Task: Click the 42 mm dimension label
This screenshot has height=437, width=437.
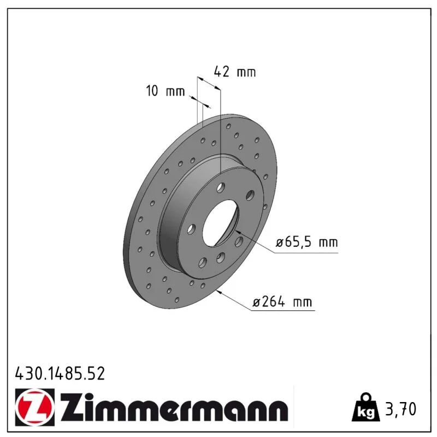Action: tap(235, 72)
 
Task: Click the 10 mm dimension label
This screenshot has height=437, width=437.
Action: tap(166, 91)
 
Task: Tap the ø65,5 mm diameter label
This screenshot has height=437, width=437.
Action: tap(306, 242)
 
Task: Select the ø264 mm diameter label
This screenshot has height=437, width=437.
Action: tap(282, 302)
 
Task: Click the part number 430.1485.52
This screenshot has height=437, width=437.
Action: tap(60, 374)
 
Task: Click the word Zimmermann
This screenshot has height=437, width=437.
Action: tap(174, 406)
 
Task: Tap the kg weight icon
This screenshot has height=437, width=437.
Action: tap(365, 408)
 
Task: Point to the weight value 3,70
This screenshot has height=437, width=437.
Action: tap(400, 409)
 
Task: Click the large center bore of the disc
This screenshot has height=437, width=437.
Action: tap(221, 223)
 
